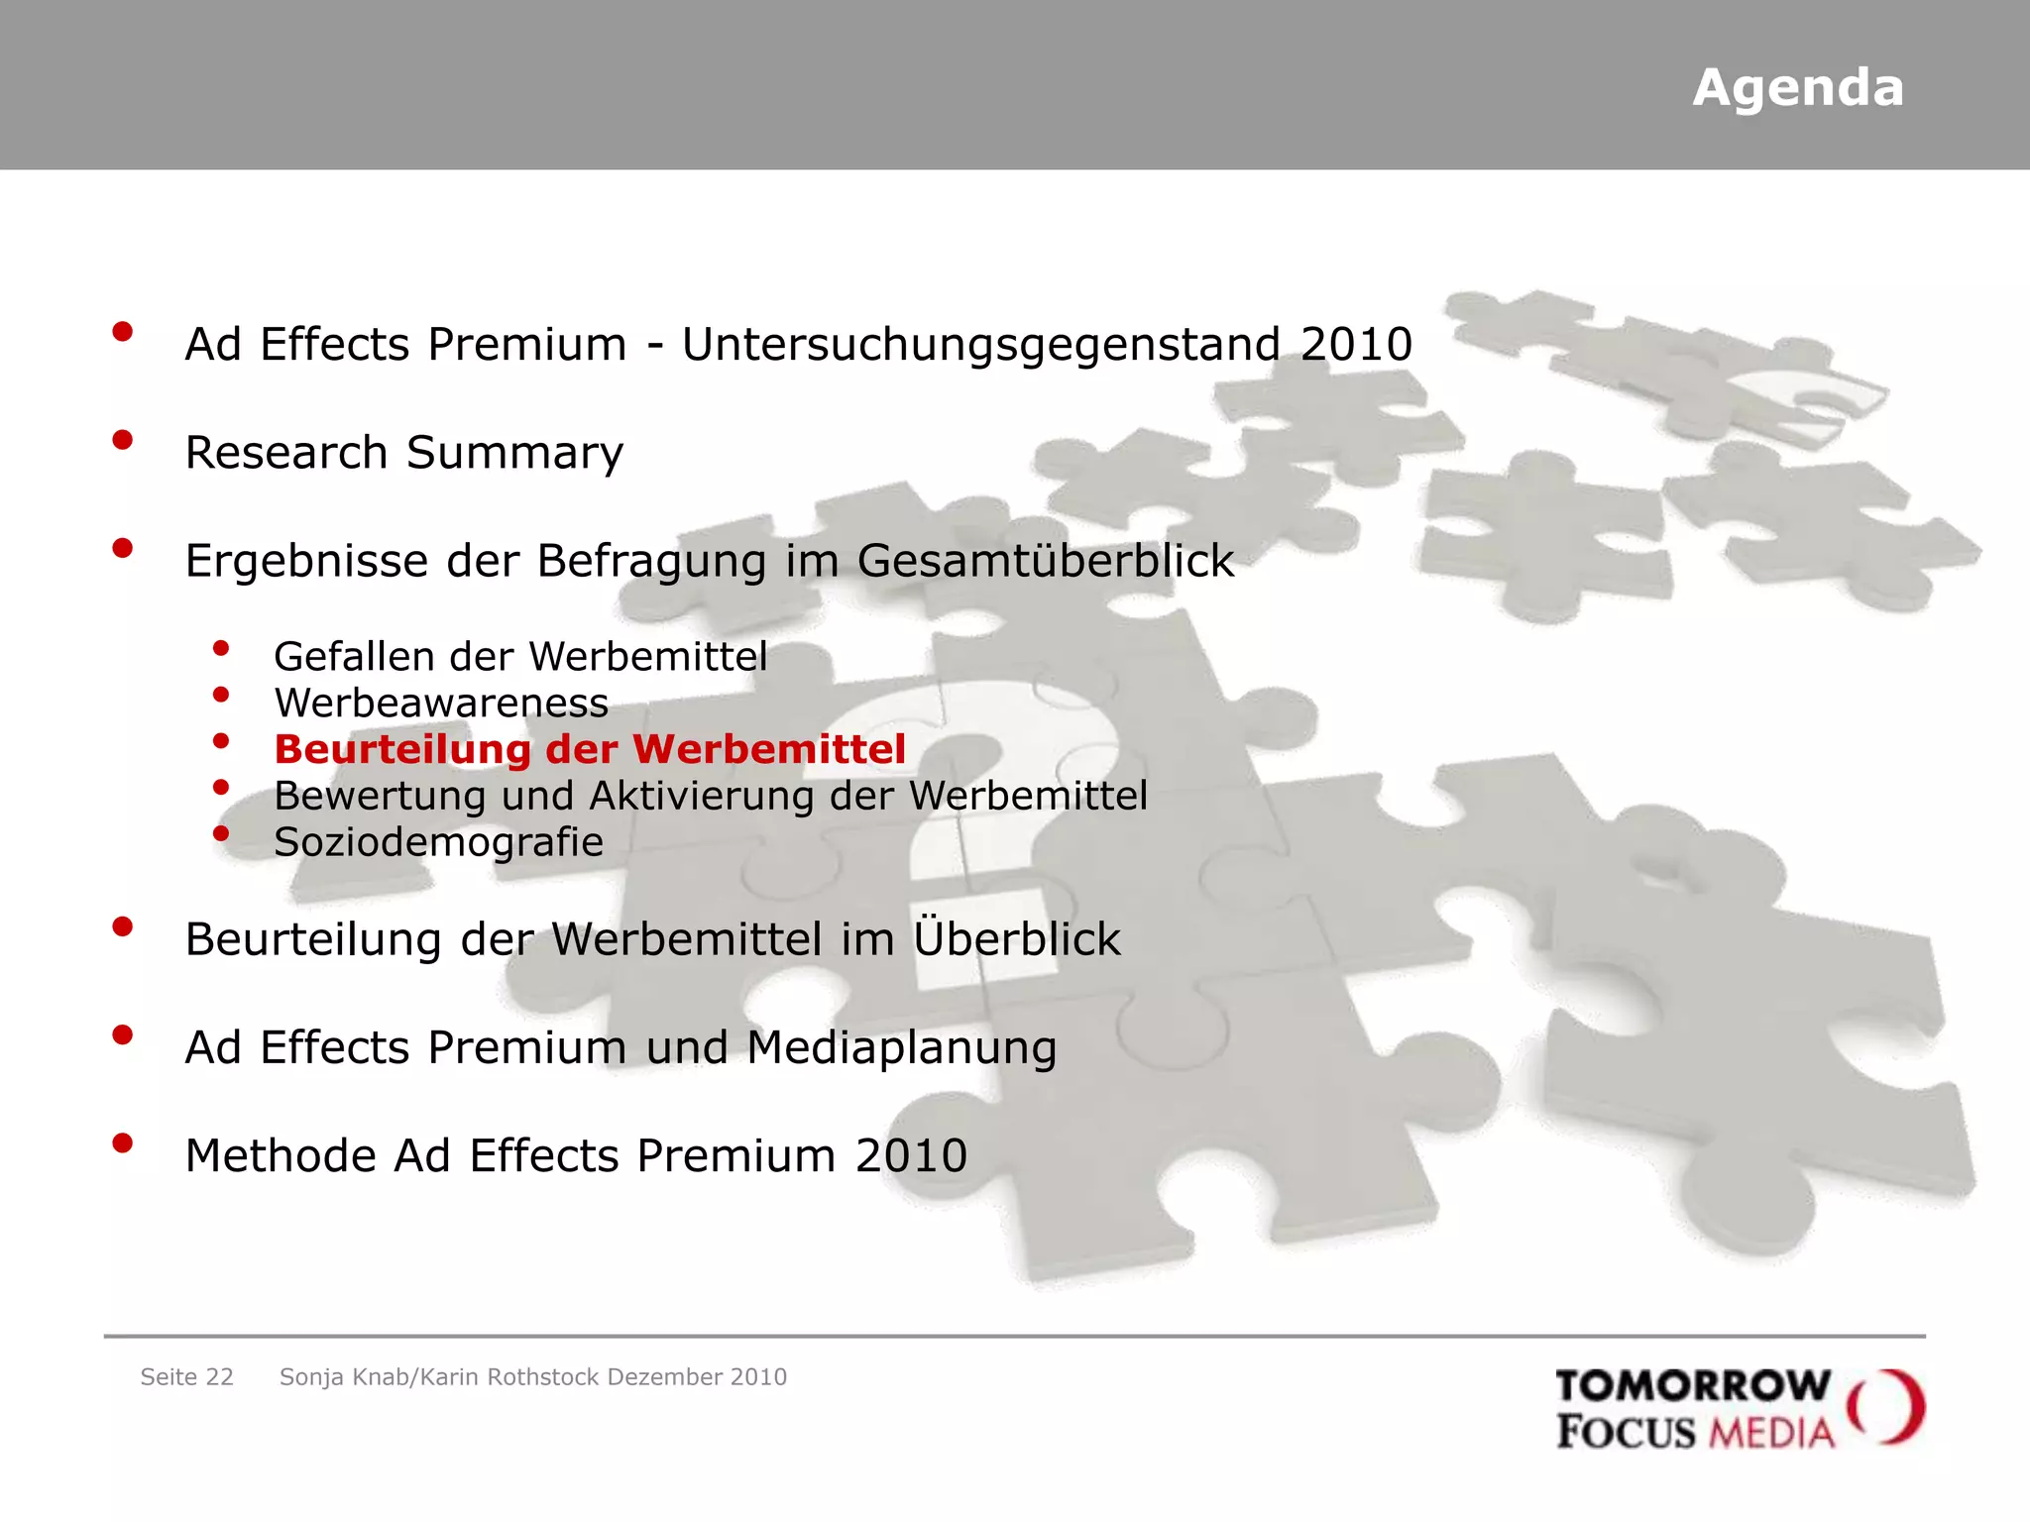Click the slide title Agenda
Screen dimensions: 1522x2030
pos(1797,88)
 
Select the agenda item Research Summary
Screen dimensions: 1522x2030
pos(404,453)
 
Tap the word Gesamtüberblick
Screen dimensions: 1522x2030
pos(1046,561)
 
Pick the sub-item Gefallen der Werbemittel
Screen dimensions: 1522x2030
pos(520,657)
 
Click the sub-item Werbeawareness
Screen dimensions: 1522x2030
pos(441,704)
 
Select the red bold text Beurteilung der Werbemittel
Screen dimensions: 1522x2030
pos(590,749)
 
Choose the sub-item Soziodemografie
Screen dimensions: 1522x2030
pos(438,842)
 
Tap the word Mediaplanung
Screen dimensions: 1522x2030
pos(901,1048)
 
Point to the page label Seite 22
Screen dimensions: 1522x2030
pos(186,1377)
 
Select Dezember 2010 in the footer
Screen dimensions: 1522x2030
pos(697,1377)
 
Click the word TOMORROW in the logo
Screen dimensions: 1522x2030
pos(1692,1385)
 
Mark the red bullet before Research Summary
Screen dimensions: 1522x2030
pos(123,440)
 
